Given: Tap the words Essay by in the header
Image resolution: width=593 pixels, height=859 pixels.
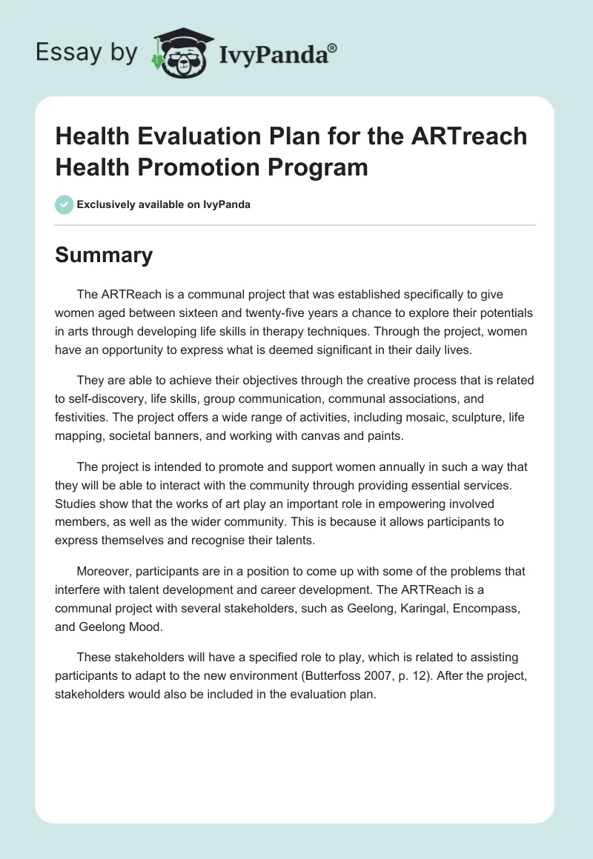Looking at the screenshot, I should click(x=86, y=53).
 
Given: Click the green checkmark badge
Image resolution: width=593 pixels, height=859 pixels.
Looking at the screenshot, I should click(x=64, y=204).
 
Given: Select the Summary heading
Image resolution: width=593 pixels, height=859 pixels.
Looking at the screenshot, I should click(x=104, y=255).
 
